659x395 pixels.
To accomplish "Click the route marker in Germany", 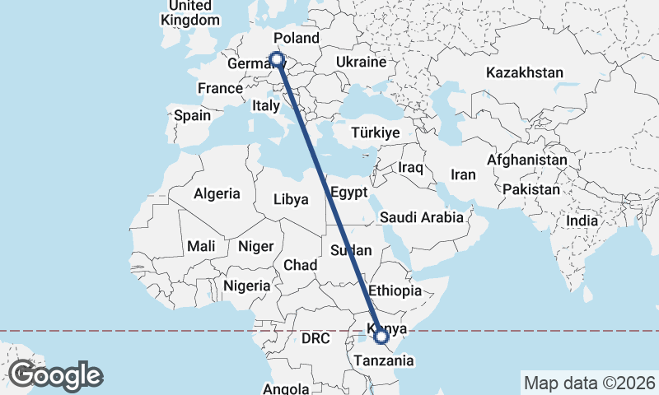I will pos(277,59).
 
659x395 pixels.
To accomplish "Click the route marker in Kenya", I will pos(381,336).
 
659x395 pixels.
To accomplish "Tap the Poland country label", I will pos(297,39).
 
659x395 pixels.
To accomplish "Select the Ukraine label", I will pos(361,63).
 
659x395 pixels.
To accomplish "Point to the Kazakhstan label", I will pos(525,72).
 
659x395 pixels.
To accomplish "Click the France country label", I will pos(220,89).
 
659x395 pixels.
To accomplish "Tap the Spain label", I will pos(192,116).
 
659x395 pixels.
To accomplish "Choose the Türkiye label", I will pos(375,132).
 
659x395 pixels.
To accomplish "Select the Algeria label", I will pos(217,194).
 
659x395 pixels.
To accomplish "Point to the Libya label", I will pos(291,199).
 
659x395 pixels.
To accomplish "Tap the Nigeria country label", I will pos(247,286).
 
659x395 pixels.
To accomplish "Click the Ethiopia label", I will pos(395,290).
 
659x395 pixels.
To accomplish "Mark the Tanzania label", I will pos(385,360).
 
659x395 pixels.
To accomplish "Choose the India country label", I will pos(582,221).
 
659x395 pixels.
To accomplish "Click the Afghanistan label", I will pos(527,160).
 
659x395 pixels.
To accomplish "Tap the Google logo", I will pos(55,375).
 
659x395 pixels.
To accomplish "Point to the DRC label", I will pos(315,338).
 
